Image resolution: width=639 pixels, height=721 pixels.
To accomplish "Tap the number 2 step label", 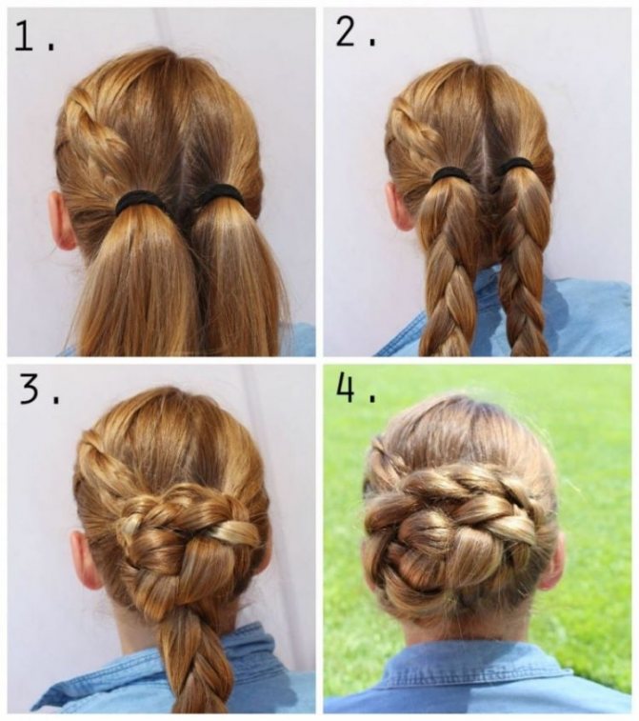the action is coord(346,32).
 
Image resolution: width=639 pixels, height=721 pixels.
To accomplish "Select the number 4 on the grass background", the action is coord(347,388).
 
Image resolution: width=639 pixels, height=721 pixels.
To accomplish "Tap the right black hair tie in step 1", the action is coord(220,193).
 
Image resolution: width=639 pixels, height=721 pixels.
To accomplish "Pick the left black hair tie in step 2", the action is coord(450,173).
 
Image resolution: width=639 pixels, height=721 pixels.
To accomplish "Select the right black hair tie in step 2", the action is coord(514,165).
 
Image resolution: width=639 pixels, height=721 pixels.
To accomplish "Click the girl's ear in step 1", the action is coord(60,221).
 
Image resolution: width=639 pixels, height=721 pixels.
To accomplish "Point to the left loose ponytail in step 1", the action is coord(138,280).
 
